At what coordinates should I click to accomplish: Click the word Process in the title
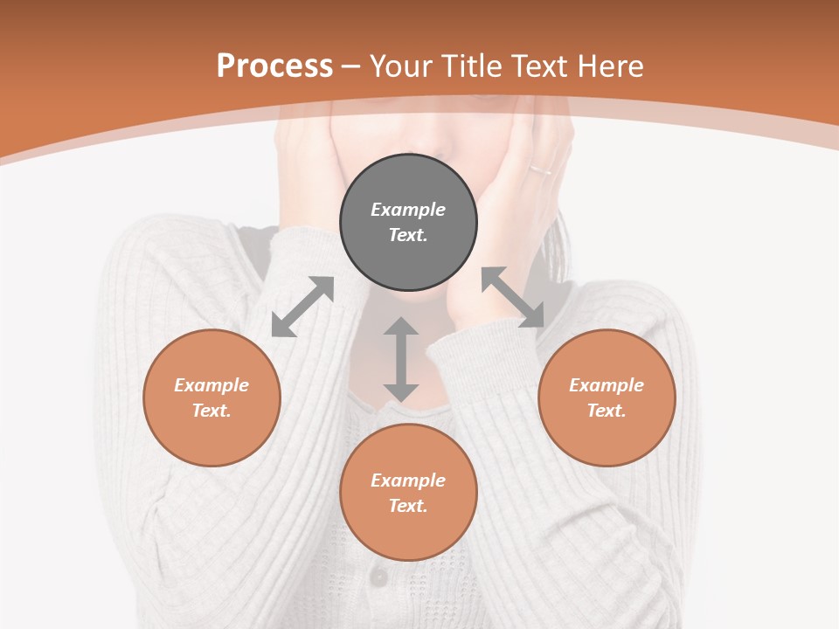tap(274, 66)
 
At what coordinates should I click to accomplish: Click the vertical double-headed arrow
tap(401, 359)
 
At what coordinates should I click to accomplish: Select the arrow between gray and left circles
tap(302, 307)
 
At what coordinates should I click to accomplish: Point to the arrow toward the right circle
tap(512, 297)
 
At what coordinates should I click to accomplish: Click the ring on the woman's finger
tap(539, 169)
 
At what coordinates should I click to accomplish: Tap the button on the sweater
tap(378, 577)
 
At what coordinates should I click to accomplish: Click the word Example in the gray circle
tap(408, 210)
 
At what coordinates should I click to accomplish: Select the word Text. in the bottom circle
tap(408, 506)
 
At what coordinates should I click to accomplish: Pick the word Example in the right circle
tap(607, 385)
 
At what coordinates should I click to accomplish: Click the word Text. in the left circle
tap(211, 411)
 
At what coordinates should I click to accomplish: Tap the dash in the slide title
tap(350, 66)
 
